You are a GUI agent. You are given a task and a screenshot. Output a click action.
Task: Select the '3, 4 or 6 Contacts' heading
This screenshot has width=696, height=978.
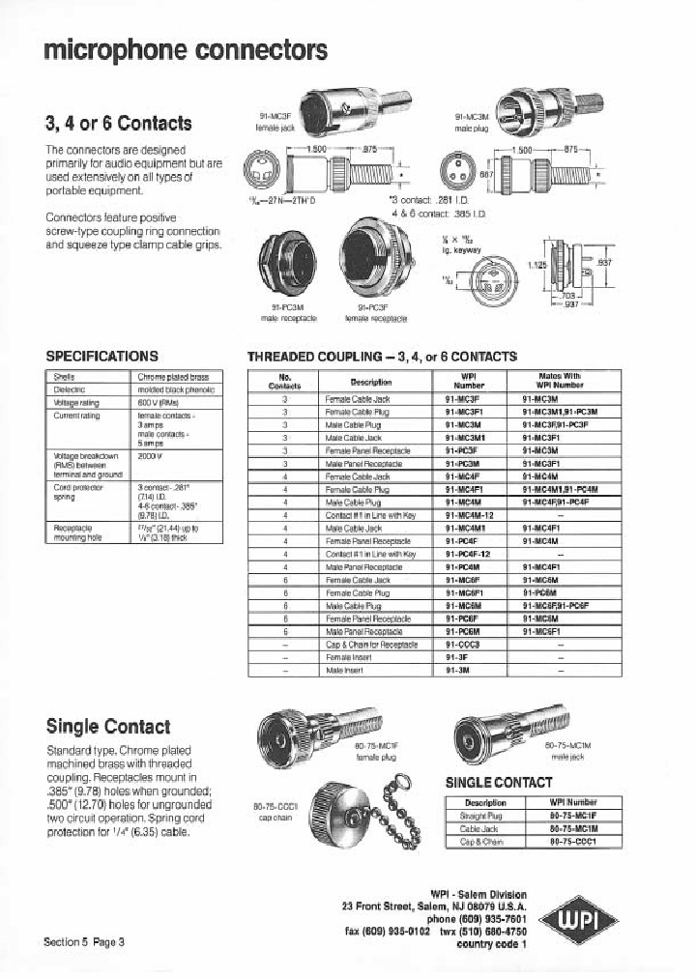coord(118,124)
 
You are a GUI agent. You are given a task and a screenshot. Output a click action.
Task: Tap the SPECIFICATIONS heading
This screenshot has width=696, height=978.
coord(101,356)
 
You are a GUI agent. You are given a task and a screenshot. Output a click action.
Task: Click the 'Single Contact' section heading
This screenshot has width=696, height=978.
coord(107,726)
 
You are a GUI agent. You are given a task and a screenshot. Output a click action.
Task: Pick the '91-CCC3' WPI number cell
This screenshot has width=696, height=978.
coord(463,643)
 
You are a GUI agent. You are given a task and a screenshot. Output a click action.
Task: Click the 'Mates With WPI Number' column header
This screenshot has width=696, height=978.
coord(560,380)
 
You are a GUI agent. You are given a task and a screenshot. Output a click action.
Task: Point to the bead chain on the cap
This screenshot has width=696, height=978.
coord(396,821)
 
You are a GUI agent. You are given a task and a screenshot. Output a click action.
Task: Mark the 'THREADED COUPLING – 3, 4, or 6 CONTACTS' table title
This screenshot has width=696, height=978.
coord(382,357)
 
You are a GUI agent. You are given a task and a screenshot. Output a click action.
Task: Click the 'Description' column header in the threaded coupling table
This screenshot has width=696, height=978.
coord(371,381)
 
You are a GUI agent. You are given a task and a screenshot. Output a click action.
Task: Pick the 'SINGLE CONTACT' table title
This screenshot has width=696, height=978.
coord(498,782)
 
